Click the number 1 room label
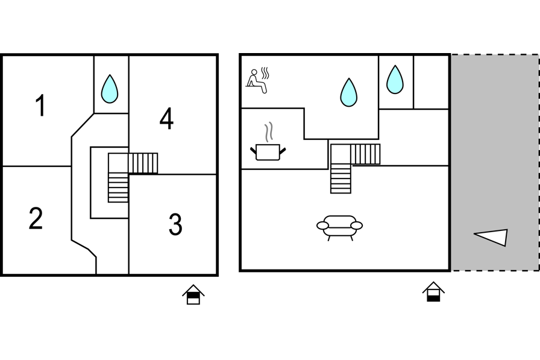(x=40, y=106)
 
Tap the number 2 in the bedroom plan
(x=36, y=218)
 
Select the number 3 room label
(x=175, y=224)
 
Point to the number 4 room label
(x=166, y=119)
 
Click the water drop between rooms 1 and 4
(x=110, y=89)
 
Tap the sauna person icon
(x=257, y=81)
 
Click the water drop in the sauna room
(x=348, y=92)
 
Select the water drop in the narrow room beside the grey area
(x=395, y=80)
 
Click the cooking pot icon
(x=268, y=152)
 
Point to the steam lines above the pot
(x=269, y=131)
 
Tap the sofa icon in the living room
(x=339, y=228)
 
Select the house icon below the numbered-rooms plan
(x=193, y=294)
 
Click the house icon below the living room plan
(x=433, y=292)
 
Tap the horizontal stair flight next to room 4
(x=143, y=163)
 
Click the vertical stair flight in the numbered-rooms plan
(x=118, y=188)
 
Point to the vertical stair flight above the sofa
(x=341, y=178)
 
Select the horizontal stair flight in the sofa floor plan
(x=365, y=154)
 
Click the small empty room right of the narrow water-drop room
(x=432, y=82)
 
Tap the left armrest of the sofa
(x=322, y=226)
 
